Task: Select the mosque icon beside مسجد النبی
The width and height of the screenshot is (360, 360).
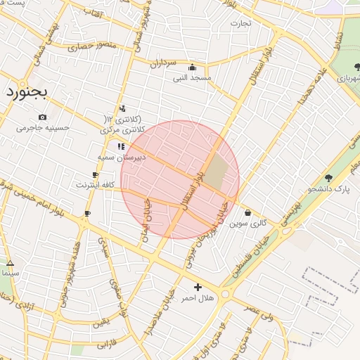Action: [x=193, y=68]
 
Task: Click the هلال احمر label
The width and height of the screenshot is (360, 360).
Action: [x=198, y=298]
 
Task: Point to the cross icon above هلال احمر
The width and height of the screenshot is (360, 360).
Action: [x=198, y=287]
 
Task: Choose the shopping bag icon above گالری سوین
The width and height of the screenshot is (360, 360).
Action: [x=247, y=213]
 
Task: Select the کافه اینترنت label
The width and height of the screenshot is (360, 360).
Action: [x=96, y=184]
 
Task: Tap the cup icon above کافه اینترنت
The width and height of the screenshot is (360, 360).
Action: [x=95, y=174]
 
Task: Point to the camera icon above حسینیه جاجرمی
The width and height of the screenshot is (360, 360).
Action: [x=43, y=117]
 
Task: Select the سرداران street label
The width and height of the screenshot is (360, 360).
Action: [x=162, y=63]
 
